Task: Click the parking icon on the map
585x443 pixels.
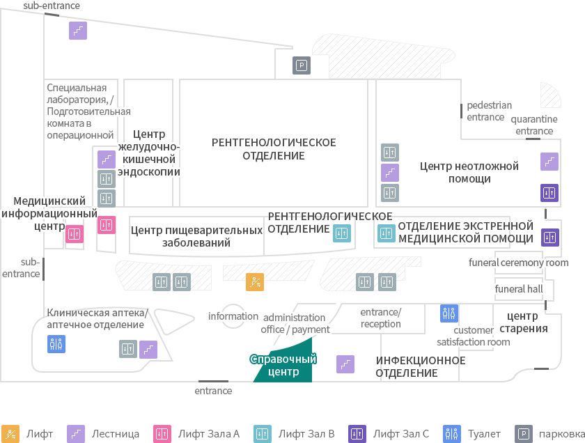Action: (302, 65)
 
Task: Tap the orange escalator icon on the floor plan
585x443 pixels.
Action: (255, 282)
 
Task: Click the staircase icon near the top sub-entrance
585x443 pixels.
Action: (78, 31)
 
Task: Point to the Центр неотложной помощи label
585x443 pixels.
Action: (469, 172)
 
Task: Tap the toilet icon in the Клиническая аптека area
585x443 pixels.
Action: (56, 344)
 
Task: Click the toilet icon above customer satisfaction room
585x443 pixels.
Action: (449, 313)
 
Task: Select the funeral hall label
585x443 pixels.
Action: (519, 289)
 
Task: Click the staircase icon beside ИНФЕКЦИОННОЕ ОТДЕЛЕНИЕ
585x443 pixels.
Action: (345, 364)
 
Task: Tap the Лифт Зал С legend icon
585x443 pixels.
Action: (357, 434)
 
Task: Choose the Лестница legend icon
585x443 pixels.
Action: (76, 434)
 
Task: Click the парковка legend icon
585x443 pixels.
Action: (524, 434)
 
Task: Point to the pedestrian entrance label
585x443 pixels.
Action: (489, 111)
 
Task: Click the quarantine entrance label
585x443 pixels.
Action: (534, 125)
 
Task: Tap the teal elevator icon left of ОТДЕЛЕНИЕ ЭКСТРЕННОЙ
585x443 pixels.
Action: (386, 233)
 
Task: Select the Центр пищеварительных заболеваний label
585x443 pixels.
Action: (196, 236)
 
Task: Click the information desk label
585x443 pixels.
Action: (233, 316)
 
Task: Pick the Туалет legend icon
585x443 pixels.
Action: (452, 434)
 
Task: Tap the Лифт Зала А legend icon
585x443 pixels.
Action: (162, 434)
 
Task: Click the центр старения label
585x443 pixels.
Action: (524, 322)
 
